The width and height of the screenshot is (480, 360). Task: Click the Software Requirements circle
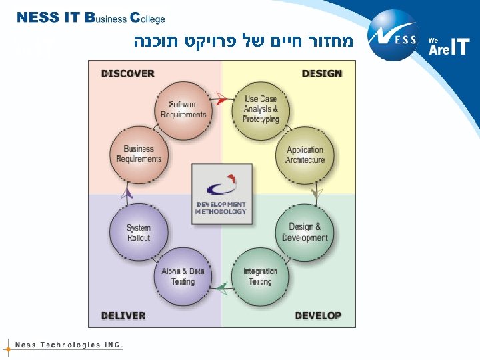click(x=183, y=109)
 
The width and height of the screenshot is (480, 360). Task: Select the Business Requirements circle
click(x=139, y=154)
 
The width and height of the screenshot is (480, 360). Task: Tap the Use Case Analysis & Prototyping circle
click(x=260, y=109)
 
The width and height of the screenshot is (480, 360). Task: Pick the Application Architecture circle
click(x=305, y=154)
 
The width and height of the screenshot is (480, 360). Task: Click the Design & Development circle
click(x=305, y=232)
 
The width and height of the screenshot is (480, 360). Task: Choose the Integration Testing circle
click(x=260, y=276)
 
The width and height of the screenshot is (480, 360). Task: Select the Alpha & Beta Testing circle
click(x=183, y=276)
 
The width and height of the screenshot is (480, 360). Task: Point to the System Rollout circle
click(x=139, y=232)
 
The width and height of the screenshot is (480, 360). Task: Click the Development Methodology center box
click(x=221, y=193)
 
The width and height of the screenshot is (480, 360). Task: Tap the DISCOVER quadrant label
click(x=127, y=73)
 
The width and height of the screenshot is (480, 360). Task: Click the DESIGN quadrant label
click(x=321, y=73)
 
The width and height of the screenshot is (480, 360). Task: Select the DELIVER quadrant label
click(x=123, y=315)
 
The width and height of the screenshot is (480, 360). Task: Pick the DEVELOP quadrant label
click(x=318, y=315)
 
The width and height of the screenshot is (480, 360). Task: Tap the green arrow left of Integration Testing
click(x=223, y=288)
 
